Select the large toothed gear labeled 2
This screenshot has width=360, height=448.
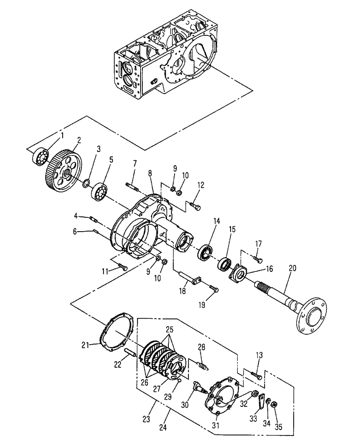point(62,173)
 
